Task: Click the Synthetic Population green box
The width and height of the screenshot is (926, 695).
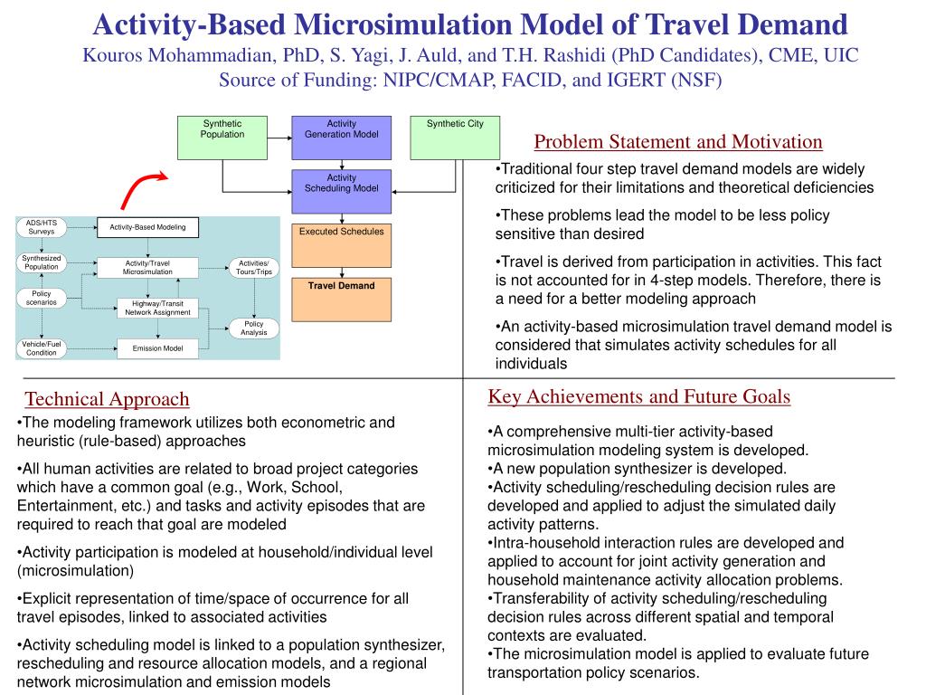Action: (x=222, y=137)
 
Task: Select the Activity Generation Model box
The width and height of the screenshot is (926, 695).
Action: (x=341, y=137)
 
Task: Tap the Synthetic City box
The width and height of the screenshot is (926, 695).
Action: (x=455, y=137)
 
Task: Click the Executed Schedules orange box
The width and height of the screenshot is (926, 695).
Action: (x=341, y=244)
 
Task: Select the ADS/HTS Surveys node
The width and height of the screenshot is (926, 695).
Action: (x=41, y=227)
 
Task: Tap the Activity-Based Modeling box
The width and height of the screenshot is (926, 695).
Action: (x=147, y=227)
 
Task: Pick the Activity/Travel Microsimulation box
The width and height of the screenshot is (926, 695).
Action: (x=147, y=267)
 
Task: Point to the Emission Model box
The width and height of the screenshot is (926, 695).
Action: (x=157, y=348)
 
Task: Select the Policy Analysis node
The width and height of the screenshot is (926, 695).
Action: (x=254, y=328)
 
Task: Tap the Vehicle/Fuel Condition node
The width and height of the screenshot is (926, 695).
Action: (x=41, y=348)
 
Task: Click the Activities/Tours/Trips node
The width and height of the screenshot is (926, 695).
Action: (x=254, y=267)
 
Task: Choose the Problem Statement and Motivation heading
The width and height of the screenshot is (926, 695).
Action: (x=678, y=142)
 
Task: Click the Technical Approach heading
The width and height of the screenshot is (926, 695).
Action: (x=107, y=399)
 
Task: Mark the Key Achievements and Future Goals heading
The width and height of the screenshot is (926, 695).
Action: (x=639, y=396)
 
